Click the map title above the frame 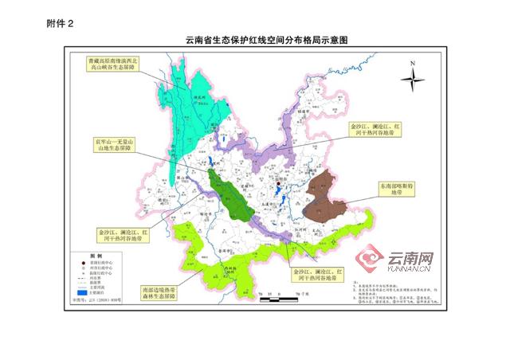[256, 39]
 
